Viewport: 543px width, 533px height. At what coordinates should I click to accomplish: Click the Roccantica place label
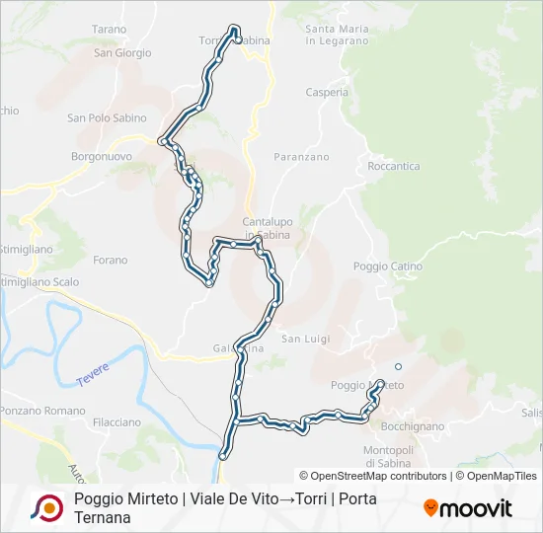(393, 167)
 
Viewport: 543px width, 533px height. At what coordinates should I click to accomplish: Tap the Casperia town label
(327, 93)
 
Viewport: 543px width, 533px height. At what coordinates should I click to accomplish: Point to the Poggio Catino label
(388, 266)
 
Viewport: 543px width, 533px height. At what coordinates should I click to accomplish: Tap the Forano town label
(111, 261)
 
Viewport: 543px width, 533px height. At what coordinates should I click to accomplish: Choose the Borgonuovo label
(102, 157)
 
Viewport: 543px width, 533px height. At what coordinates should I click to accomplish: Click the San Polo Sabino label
(104, 118)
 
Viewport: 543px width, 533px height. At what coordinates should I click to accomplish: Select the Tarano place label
(110, 30)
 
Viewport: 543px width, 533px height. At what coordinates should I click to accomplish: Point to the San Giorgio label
(122, 53)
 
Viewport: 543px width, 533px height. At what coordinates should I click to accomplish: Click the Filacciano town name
(116, 422)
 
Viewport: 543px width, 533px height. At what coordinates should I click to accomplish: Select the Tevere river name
(93, 374)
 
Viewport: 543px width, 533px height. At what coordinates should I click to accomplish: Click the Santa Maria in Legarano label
(338, 36)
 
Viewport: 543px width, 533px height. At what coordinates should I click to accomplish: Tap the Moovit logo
(468, 508)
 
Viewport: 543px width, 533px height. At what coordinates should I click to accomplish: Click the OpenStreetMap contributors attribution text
(373, 476)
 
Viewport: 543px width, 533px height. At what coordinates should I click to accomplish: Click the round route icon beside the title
(46, 508)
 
